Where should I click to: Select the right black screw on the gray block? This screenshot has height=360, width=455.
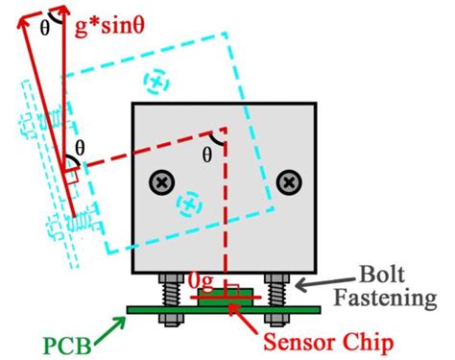pos(287,180)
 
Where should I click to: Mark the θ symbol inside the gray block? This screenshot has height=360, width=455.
pos(207,153)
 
